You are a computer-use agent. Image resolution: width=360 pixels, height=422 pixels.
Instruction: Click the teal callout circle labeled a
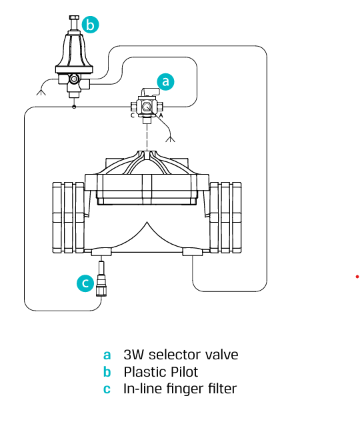click(165, 81)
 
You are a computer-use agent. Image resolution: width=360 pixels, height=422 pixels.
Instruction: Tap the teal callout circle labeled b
click(91, 25)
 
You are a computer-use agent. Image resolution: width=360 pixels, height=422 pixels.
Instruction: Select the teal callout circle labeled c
click(85, 283)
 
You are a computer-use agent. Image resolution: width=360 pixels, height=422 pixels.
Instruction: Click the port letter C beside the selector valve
click(133, 115)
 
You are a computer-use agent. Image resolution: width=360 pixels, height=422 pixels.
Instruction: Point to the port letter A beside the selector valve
click(161, 115)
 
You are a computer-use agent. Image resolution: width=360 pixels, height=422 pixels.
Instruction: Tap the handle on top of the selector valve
click(150, 92)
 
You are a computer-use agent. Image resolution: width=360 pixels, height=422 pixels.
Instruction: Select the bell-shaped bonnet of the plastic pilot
click(74, 51)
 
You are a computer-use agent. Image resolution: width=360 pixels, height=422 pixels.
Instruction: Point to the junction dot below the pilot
click(74, 107)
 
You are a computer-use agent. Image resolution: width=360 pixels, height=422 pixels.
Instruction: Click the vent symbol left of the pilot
click(41, 92)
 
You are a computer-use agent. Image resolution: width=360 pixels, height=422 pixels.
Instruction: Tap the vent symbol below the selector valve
click(170, 139)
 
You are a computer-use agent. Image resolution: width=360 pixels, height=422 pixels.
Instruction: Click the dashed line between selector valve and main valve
click(147, 137)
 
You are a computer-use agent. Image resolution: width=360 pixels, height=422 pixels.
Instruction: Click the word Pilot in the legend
click(184, 372)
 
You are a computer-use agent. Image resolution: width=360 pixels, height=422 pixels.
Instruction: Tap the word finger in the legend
click(185, 389)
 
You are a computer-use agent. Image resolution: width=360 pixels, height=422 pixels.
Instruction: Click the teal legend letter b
click(107, 372)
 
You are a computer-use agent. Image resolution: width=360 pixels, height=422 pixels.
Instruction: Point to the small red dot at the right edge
click(357, 277)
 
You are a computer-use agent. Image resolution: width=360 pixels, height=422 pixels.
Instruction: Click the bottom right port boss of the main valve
click(193, 251)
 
